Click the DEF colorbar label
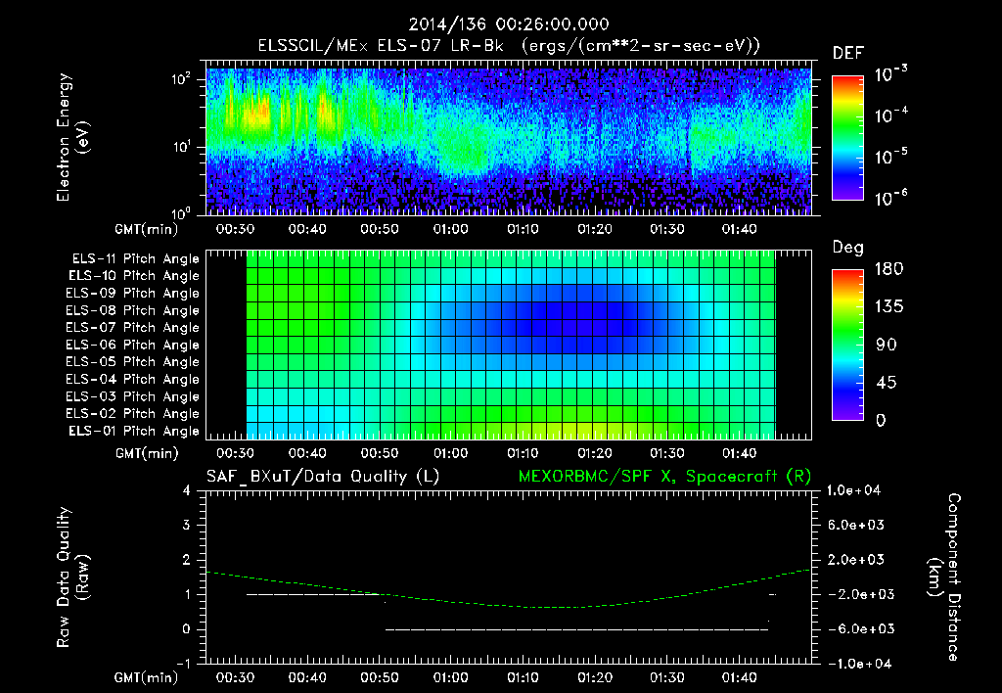pos(847,53)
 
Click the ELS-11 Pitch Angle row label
pos(134,258)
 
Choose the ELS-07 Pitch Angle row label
pos(134,327)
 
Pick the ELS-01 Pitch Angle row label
pos(134,431)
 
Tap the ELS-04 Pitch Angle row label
pos(134,379)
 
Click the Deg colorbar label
pos(847,248)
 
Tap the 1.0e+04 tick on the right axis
pos(857,489)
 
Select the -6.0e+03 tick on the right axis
pos(856,628)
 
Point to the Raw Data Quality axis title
pos(74,577)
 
